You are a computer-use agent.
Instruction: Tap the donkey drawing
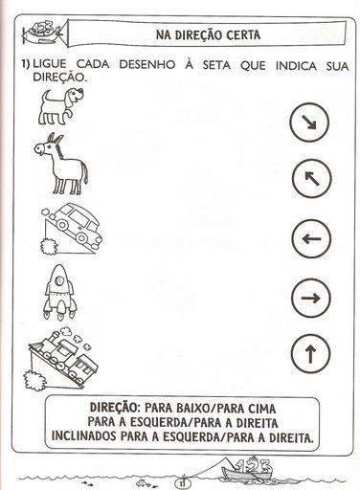[61, 164]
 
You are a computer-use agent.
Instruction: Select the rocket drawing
[59, 292]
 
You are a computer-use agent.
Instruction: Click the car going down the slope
[77, 227]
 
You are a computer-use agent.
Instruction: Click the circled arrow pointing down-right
[309, 122]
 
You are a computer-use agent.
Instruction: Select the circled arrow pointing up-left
[312, 178]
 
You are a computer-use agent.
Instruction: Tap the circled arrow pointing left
[311, 238]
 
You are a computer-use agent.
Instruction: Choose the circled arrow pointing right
[310, 299]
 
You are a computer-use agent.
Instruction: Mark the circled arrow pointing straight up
[310, 354]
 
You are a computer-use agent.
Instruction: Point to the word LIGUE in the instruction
[50, 64]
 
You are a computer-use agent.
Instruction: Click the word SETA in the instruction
[216, 65]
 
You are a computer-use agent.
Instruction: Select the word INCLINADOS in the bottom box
[84, 436]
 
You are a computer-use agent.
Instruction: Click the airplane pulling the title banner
[42, 33]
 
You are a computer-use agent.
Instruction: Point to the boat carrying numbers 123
[247, 471]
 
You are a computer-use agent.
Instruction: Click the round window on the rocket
[59, 280]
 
